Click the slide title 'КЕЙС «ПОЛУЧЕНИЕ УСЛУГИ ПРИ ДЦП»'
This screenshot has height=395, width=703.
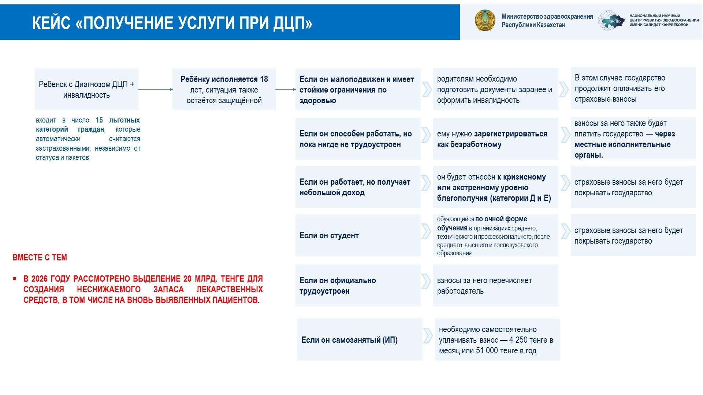click(172, 23)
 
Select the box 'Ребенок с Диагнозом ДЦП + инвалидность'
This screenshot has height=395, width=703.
click(86, 90)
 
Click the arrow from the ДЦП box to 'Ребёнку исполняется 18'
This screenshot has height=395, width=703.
click(155, 89)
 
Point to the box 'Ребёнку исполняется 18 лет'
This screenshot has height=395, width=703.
click(224, 90)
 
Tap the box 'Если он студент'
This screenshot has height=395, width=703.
click(358, 235)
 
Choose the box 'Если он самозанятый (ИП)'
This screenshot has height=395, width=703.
click(360, 340)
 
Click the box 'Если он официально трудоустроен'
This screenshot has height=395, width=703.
click(358, 285)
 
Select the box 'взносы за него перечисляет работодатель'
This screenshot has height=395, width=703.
click(495, 285)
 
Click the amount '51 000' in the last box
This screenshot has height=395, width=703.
click(487, 351)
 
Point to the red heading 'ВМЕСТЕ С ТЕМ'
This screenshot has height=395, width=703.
click(40, 257)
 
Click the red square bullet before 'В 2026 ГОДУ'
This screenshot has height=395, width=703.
click(15, 279)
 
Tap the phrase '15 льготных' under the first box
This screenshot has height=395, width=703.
click(118, 120)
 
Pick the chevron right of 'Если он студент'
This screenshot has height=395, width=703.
click(426, 231)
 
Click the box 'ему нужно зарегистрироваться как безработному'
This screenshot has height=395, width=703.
click(495, 139)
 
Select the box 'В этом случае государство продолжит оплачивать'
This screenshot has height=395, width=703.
click(633, 88)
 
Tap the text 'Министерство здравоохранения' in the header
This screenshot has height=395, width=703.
click(547, 16)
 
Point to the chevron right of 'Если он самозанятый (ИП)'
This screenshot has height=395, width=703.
click(428, 336)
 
